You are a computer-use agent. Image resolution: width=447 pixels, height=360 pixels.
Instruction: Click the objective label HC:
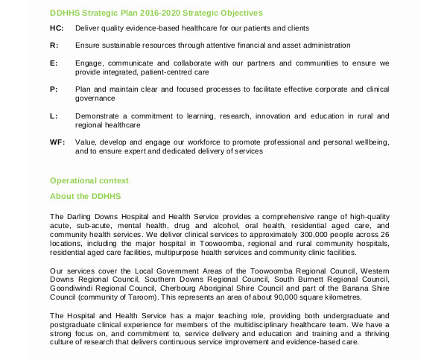tap(57, 28)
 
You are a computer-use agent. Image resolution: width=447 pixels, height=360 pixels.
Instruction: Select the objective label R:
tap(54, 45)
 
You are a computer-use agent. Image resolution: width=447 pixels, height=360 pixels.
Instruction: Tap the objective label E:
tap(54, 63)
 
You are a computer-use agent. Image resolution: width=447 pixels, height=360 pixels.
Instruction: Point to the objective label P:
tap(54, 89)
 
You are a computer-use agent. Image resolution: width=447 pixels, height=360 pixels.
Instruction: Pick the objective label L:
tap(54, 116)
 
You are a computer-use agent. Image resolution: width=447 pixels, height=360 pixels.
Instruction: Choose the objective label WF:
tap(57, 142)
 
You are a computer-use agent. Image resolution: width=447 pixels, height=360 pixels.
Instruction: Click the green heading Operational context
tap(89, 180)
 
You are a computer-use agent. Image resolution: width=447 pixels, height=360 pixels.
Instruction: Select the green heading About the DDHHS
tap(85, 196)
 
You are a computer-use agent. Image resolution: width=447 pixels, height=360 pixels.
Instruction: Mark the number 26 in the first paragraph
tap(384, 234)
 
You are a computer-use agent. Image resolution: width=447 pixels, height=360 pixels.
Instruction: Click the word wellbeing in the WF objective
tap(370, 142)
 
